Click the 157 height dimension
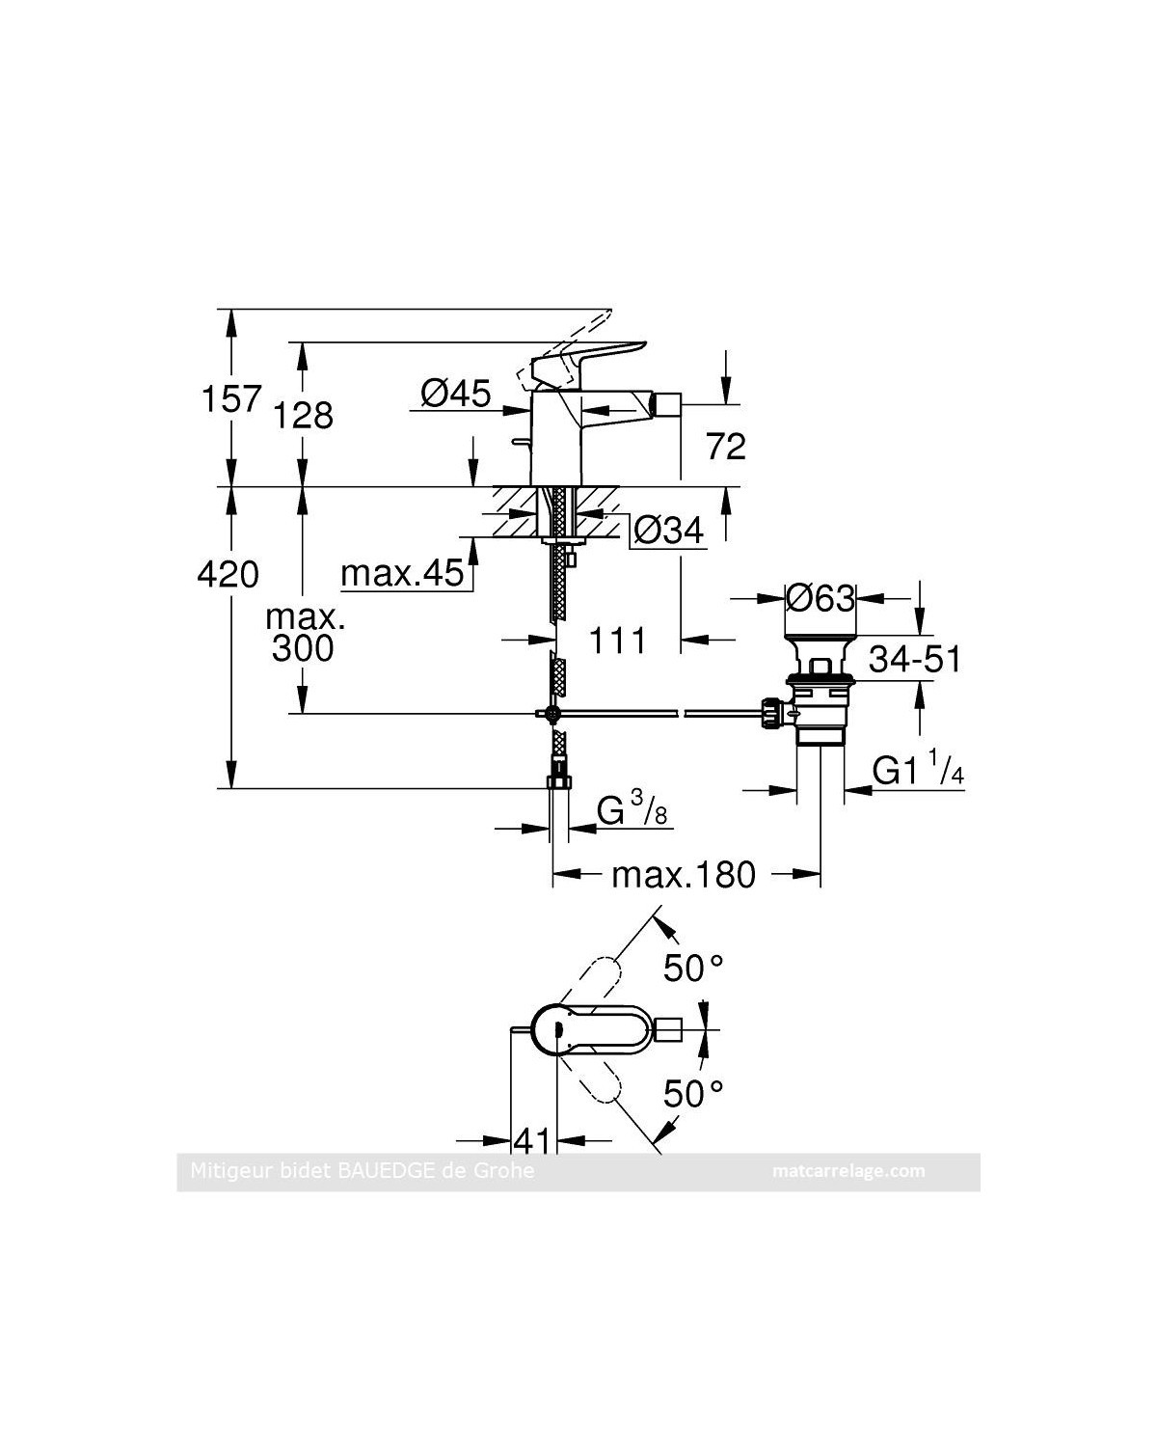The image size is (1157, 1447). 231,398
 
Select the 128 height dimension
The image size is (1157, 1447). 303,416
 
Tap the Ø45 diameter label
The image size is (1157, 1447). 456,394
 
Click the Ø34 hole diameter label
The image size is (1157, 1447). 669,531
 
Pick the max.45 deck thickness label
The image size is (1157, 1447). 402,574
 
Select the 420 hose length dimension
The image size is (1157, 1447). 228,575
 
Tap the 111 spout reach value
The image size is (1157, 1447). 617,641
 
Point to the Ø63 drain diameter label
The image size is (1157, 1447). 821,598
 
